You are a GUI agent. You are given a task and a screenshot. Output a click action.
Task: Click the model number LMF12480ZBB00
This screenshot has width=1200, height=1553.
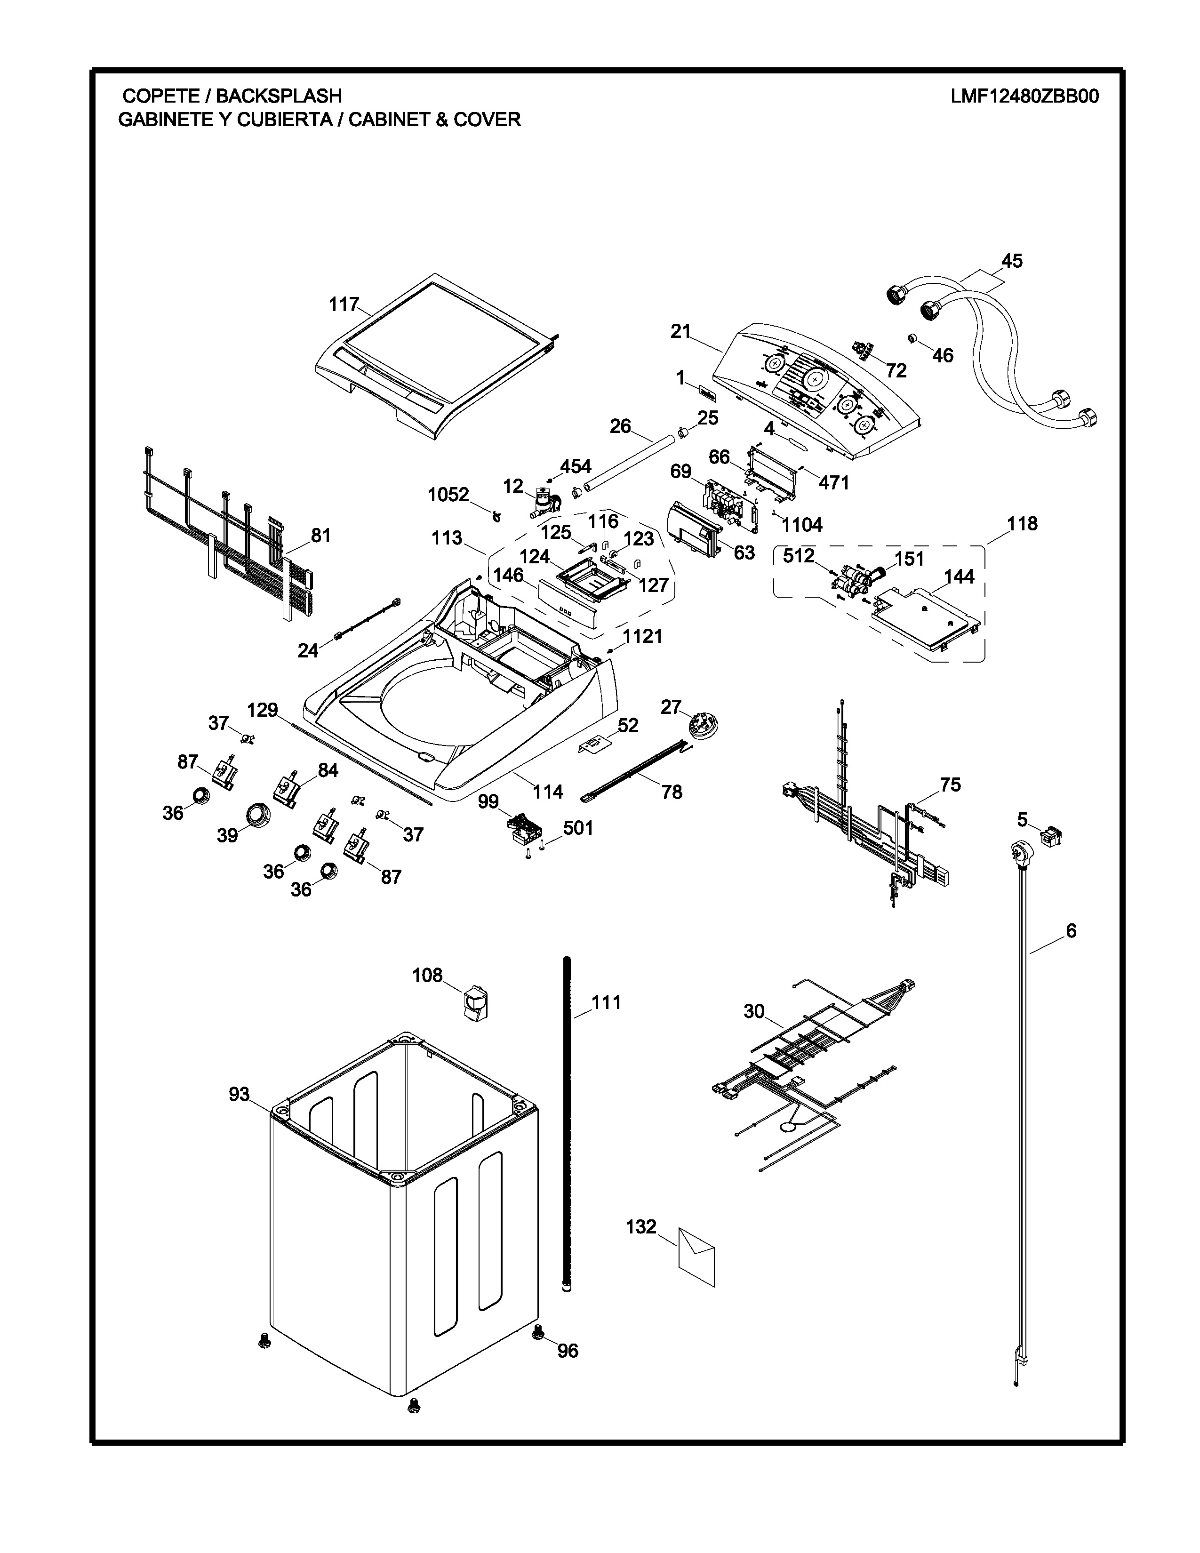tap(1024, 96)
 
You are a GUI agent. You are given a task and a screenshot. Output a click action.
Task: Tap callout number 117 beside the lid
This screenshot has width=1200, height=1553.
tap(344, 304)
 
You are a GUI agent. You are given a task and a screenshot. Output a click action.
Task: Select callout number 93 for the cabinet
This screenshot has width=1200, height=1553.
tap(239, 1094)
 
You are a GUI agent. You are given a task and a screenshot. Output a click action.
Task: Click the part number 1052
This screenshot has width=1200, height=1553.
tap(448, 494)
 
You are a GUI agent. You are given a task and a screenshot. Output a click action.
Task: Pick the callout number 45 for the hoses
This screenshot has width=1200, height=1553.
tap(1012, 261)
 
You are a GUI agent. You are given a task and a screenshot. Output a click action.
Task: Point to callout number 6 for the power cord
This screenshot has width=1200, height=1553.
tap(1071, 930)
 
